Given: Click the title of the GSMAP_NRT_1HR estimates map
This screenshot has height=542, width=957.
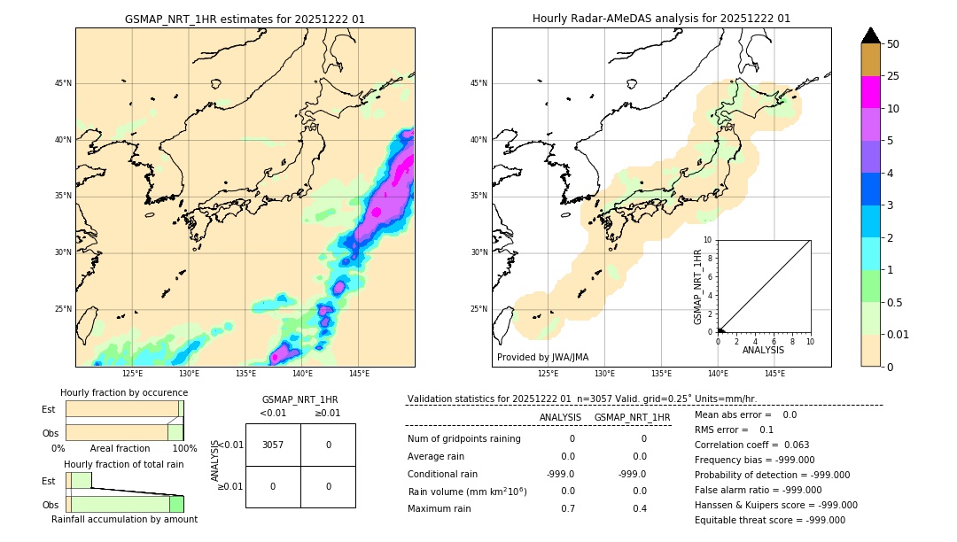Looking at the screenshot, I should pyautogui.click(x=245, y=19).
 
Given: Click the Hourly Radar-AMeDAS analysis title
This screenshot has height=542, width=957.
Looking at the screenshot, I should pyautogui.click(x=661, y=19).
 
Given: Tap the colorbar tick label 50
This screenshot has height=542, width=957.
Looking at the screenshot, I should pyautogui.click(x=893, y=44).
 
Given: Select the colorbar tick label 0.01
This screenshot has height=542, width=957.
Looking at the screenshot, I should pyautogui.click(x=899, y=334).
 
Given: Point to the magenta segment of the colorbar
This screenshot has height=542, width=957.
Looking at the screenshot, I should pyautogui.click(x=870, y=92).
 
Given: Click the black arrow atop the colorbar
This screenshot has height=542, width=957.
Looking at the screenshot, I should pyautogui.click(x=870, y=35).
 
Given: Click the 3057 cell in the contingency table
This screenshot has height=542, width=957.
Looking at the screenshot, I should pyautogui.click(x=273, y=445).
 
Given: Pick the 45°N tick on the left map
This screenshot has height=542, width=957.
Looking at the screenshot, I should pyautogui.click(x=63, y=83).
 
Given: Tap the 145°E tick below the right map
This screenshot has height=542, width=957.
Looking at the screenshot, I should pyautogui.click(x=774, y=374).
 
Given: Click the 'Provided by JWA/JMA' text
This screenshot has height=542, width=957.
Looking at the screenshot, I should pyautogui.click(x=542, y=357).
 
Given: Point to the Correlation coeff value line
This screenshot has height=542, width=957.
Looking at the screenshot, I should pyautogui.click(x=751, y=445).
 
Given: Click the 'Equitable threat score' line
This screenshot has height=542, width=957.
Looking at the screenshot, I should pyautogui.click(x=769, y=520).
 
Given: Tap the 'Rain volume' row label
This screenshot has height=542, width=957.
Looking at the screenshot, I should pyautogui.click(x=467, y=492).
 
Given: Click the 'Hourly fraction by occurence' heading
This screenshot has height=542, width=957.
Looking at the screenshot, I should pyautogui.click(x=124, y=392).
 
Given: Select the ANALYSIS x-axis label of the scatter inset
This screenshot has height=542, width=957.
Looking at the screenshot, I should pyautogui.click(x=763, y=350).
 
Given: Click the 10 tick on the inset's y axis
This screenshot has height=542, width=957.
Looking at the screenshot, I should pyautogui.click(x=708, y=240).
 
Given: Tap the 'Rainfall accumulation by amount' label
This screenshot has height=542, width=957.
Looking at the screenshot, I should pyautogui.click(x=124, y=519).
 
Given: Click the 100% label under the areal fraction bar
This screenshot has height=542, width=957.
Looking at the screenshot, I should pyautogui.click(x=184, y=448).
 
